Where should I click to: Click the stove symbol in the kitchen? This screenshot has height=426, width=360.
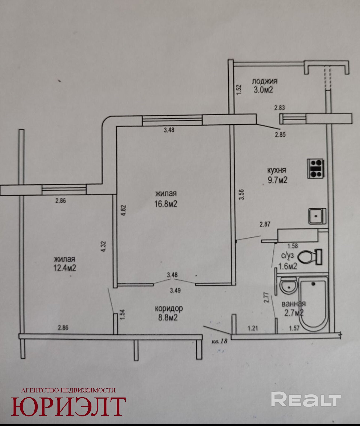[316, 169]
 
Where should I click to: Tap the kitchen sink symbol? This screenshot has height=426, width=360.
[317, 216]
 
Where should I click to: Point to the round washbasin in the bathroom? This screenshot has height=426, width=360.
[288, 285]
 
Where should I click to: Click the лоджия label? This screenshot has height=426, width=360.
[265, 81]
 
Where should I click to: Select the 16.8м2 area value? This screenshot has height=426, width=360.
[166, 204]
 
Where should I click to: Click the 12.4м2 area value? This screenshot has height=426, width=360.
[65, 268]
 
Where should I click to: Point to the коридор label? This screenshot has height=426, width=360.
[169, 308]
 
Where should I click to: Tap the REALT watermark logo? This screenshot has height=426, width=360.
[306, 399]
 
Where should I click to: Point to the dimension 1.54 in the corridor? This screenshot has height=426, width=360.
[123, 314]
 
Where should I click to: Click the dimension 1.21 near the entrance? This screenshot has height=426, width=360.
[253, 328]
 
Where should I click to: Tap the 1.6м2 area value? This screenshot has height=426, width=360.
[288, 266]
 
